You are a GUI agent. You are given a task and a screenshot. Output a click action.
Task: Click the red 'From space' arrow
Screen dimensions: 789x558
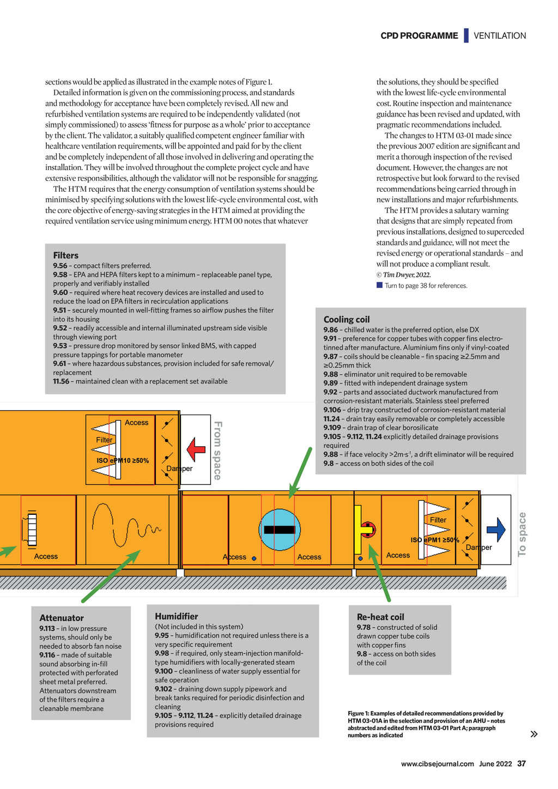point(196,450)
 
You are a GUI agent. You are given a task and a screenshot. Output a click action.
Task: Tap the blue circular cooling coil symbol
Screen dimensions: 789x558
point(280,529)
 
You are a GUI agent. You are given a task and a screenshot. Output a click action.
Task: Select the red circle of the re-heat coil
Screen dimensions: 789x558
point(368,529)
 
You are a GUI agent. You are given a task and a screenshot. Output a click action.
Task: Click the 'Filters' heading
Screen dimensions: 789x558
point(66,255)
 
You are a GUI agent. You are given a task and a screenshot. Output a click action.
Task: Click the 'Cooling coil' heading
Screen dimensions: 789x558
point(347,319)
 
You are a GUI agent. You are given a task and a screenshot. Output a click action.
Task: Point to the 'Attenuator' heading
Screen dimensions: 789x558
point(62,618)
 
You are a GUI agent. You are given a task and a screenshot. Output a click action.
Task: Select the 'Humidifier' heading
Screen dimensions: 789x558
point(177,616)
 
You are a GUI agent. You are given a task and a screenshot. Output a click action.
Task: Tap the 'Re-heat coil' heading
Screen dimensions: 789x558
point(380,617)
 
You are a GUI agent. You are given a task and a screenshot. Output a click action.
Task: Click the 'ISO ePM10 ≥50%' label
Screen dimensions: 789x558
point(123,460)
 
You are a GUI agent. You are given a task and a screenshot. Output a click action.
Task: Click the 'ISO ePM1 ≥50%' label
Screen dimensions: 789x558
point(435,540)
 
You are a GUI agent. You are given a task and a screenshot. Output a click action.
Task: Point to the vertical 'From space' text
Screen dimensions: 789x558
point(217,450)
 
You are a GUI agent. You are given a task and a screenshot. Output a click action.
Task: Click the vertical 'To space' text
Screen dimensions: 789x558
point(522,534)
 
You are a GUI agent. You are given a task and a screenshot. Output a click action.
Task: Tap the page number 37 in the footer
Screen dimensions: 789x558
point(521,763)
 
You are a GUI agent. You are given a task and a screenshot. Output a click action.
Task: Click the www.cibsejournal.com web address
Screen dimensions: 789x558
point(438,764)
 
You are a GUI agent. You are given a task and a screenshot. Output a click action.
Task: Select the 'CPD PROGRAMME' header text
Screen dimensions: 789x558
point(419,36)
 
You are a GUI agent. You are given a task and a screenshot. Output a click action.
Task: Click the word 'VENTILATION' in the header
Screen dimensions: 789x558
point(500,36)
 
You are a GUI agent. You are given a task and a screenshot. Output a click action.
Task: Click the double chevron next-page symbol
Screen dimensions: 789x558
point(534,734)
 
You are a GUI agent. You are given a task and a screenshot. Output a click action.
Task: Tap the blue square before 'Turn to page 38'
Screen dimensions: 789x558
point(380,285)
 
